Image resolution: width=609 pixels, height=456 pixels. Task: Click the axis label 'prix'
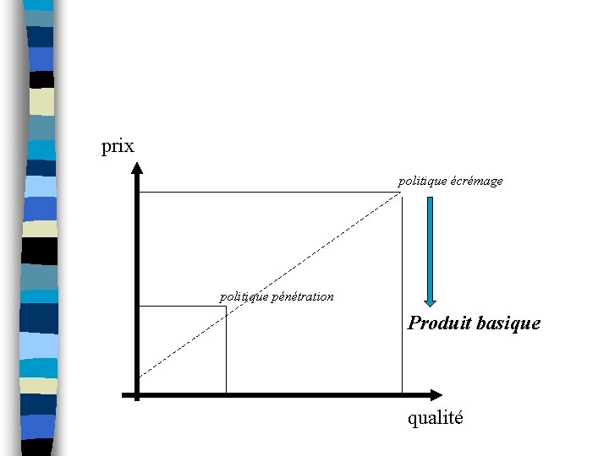pyautogui.click(x=118, y=146)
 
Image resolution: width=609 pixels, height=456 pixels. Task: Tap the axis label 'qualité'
pyautogui.click(x=435, y=418)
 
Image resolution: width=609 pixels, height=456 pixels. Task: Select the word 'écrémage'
pyautogui.click(x=476, y=181)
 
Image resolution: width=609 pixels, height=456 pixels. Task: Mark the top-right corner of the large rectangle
pyautogui.click(x=402, y=193)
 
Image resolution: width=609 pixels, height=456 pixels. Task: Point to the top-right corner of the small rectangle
pyautogui.click(x=226, y=306)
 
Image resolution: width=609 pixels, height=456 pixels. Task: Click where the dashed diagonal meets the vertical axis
pyautogui.click(x=138, y=375)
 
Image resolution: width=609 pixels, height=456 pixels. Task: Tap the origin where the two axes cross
pyautogui.click(x=137, y=394)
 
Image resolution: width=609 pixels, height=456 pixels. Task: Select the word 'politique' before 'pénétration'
pyautogui.click(x=244, y=296)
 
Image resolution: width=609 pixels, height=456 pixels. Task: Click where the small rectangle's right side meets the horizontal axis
pyautogui.click(x=226, y=394)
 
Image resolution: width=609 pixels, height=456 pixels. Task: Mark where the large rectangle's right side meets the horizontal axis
pyautogui.click(x=402, y=394)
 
